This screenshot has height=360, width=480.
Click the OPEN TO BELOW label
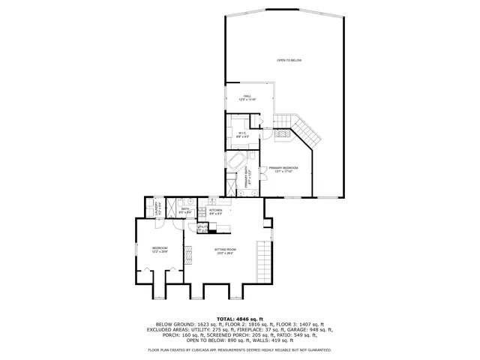coord(289,60)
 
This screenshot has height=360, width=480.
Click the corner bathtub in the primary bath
coord(235,162)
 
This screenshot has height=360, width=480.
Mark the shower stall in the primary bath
coord(232,182)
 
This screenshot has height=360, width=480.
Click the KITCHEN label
coord(215,211)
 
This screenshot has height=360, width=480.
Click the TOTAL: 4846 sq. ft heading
coord(239,318)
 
